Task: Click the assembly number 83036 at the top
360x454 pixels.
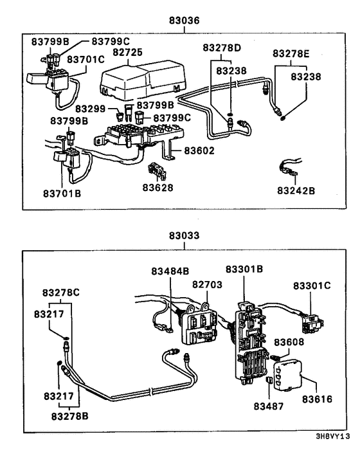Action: click(x=184, y=21)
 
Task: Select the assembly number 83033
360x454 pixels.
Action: click(x=184, y=236)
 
